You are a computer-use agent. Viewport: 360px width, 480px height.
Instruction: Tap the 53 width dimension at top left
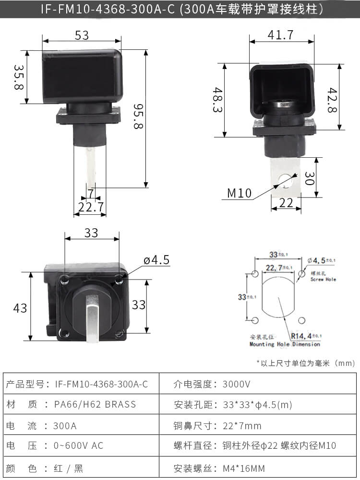82,35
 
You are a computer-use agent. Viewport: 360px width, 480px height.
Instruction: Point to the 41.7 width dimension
281,35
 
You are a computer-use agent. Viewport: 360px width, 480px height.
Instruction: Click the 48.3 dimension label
217,100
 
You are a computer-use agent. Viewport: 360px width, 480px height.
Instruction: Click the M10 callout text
240,193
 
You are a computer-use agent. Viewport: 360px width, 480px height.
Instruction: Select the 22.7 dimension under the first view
91,207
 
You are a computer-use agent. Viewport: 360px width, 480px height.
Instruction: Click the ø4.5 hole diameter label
156,260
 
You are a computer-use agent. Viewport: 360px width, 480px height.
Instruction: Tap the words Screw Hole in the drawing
324,279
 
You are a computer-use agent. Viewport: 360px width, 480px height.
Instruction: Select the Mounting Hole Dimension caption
285,344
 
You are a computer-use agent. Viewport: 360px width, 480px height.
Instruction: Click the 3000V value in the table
236,384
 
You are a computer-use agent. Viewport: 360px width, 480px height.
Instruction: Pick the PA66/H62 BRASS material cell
96,405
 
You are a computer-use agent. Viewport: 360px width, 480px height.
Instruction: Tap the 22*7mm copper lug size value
242,426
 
